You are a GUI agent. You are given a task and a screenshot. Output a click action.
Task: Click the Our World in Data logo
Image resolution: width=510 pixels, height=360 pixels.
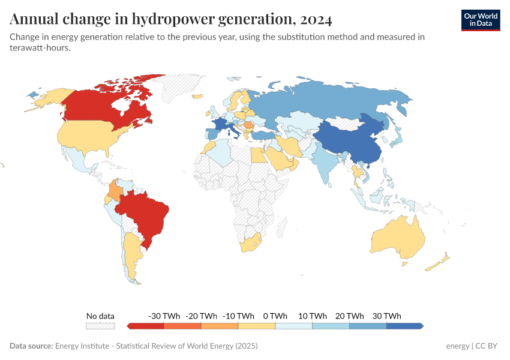pyautogui.click(x=480, y=20)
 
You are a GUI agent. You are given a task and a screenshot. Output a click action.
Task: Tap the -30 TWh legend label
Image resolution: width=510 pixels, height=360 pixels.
pyautogui.click(x=163, y=316)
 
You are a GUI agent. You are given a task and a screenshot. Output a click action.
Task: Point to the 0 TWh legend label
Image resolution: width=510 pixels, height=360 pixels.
pyautogui.click(x=275, y=316)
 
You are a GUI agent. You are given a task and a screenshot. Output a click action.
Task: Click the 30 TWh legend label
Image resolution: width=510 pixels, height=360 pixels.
pyautogui.click(x=386, y=316)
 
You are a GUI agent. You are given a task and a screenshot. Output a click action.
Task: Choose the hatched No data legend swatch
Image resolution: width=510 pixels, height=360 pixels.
pyautogui.click(x=100, y=326)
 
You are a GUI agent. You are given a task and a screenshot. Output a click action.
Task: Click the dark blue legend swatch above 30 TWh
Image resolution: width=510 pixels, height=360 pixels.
pyautogui.click(x=404, y=326)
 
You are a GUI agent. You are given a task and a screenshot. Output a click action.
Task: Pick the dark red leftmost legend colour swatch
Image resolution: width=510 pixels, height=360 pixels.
pyautogui.click(x=145, y=326)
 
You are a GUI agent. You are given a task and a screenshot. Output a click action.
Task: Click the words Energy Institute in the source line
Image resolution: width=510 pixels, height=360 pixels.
pyautogui.click(x=83, y=346)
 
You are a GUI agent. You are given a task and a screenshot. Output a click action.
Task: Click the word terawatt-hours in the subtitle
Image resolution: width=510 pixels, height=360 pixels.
pyautogui.click(x=40, y=49)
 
